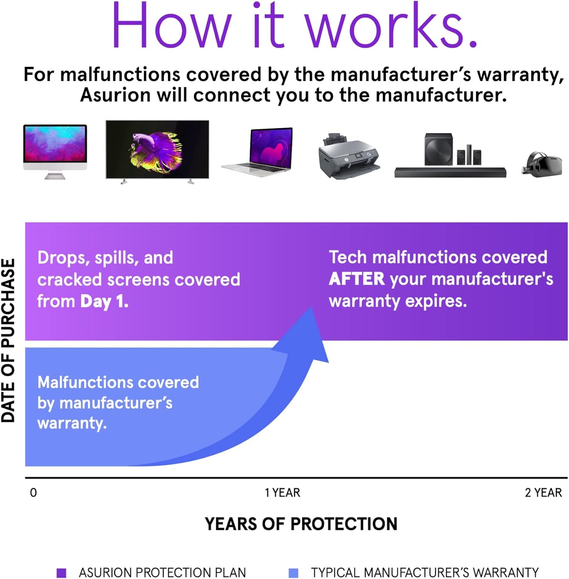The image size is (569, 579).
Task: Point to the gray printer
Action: coord(348,156)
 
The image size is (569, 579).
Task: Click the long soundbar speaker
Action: coord(450,173)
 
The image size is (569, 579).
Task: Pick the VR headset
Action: coord(542,164)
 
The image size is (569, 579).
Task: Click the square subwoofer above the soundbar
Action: coord(439,149)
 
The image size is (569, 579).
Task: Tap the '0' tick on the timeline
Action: coord(34,493)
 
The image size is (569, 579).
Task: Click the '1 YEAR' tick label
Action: coord(282,493)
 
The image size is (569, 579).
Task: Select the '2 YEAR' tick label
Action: coord(543,493)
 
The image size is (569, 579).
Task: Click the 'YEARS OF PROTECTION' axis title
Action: coord(301,524)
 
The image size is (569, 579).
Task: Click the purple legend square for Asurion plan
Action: coord(61,572)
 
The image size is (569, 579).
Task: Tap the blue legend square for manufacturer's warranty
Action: coord(293,572)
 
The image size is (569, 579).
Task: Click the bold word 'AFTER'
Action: coord(357,279)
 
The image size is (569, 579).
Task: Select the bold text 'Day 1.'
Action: coord(104,301)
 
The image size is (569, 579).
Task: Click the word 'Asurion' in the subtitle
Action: coord(115,95)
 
